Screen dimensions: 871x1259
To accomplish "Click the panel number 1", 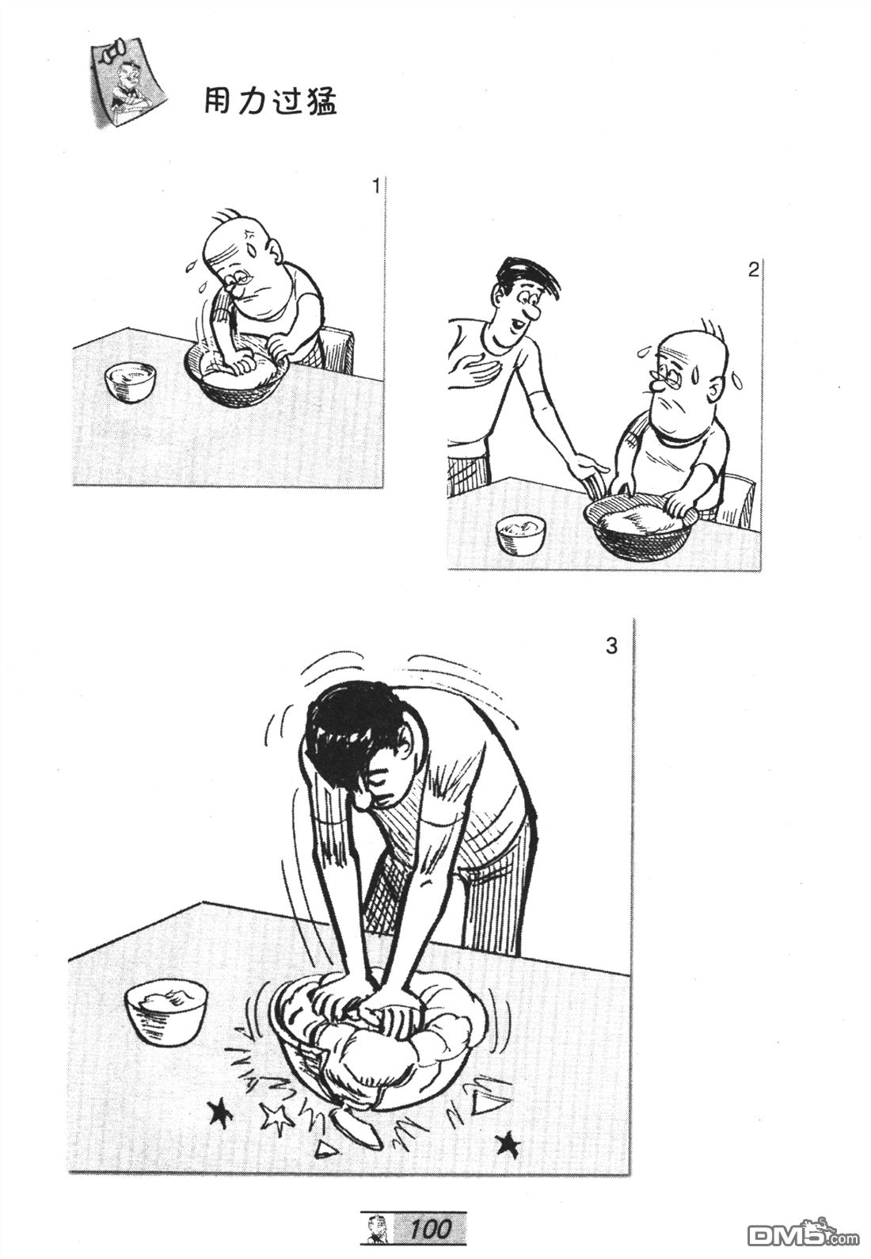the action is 376,185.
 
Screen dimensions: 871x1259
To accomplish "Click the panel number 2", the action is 753,270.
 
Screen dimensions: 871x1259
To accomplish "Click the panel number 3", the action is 611,647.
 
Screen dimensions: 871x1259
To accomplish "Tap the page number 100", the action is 430,1229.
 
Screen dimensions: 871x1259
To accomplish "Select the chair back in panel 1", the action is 338,349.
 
